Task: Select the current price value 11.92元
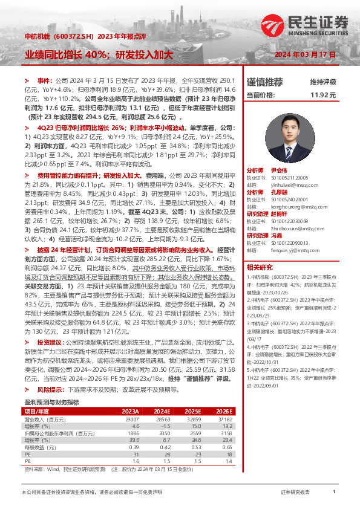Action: [x=322, y=95]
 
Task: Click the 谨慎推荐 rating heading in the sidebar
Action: [x=265, y=82]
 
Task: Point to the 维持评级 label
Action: [x=322, y=82]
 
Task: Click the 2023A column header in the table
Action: [x=131, y=410]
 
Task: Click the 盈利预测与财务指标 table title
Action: [x=51, y=402]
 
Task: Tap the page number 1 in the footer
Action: [x=334, y=492]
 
